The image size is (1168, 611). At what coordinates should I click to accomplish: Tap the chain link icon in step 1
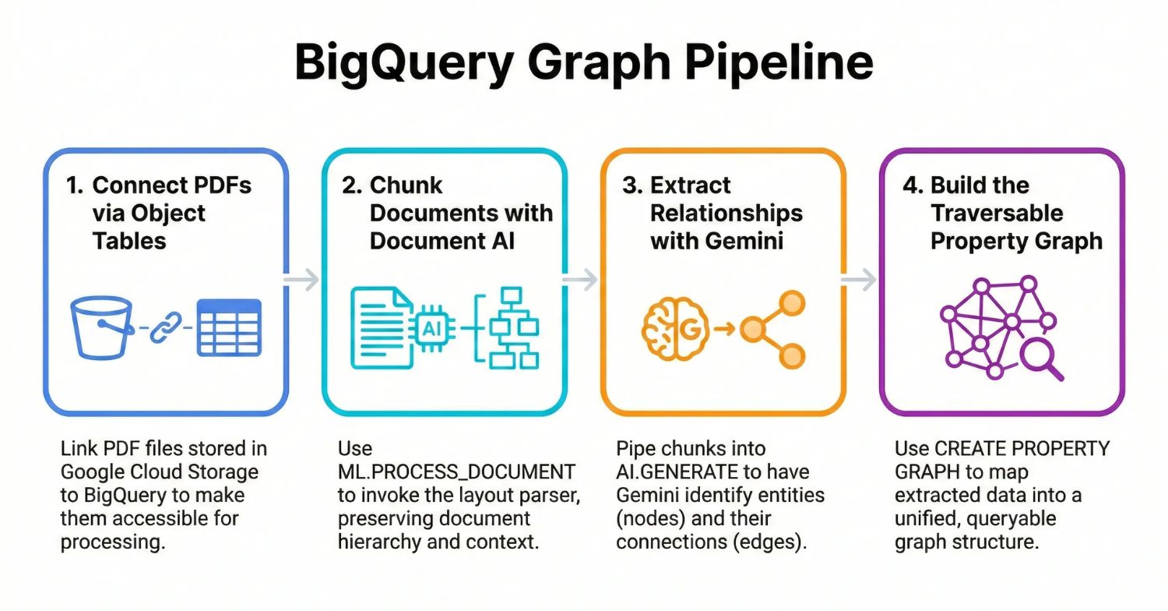164,327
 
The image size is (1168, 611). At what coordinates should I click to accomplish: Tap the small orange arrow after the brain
724,329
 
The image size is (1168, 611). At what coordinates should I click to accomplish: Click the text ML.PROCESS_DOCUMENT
456,471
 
